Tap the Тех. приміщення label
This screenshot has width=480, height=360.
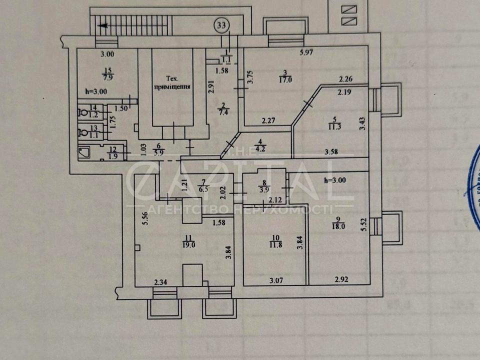(x=171, y=82)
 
